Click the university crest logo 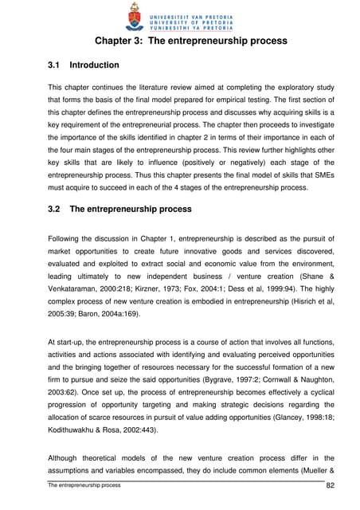[x=133, y=16]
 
